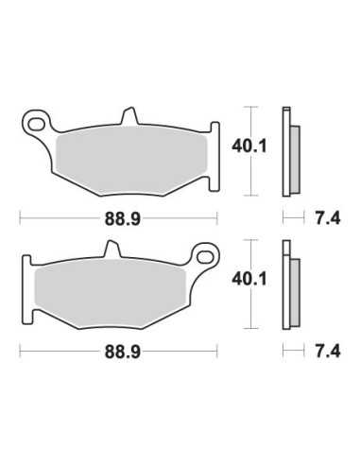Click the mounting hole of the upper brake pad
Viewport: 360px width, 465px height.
pyautogui.click(x=36, y=124)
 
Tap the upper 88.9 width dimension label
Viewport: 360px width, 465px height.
pyautogui.click(x=123, y=218)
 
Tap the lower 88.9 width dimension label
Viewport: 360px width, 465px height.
pyautogui.click(x=123, y=352)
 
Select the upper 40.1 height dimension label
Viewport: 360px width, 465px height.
pyautogui.click(x=249, y=146)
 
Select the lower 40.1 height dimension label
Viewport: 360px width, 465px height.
pyautogui.click(x=249, y=279)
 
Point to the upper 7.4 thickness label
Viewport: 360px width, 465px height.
pyautogui.click(x=328, y=218)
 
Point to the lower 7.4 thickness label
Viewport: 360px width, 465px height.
pyautogui.click(x=328, y=352)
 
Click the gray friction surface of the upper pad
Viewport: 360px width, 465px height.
pyautogui.click(x=130, y=161)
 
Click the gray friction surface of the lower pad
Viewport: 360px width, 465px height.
pyautogui.click(x=111, y=293)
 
